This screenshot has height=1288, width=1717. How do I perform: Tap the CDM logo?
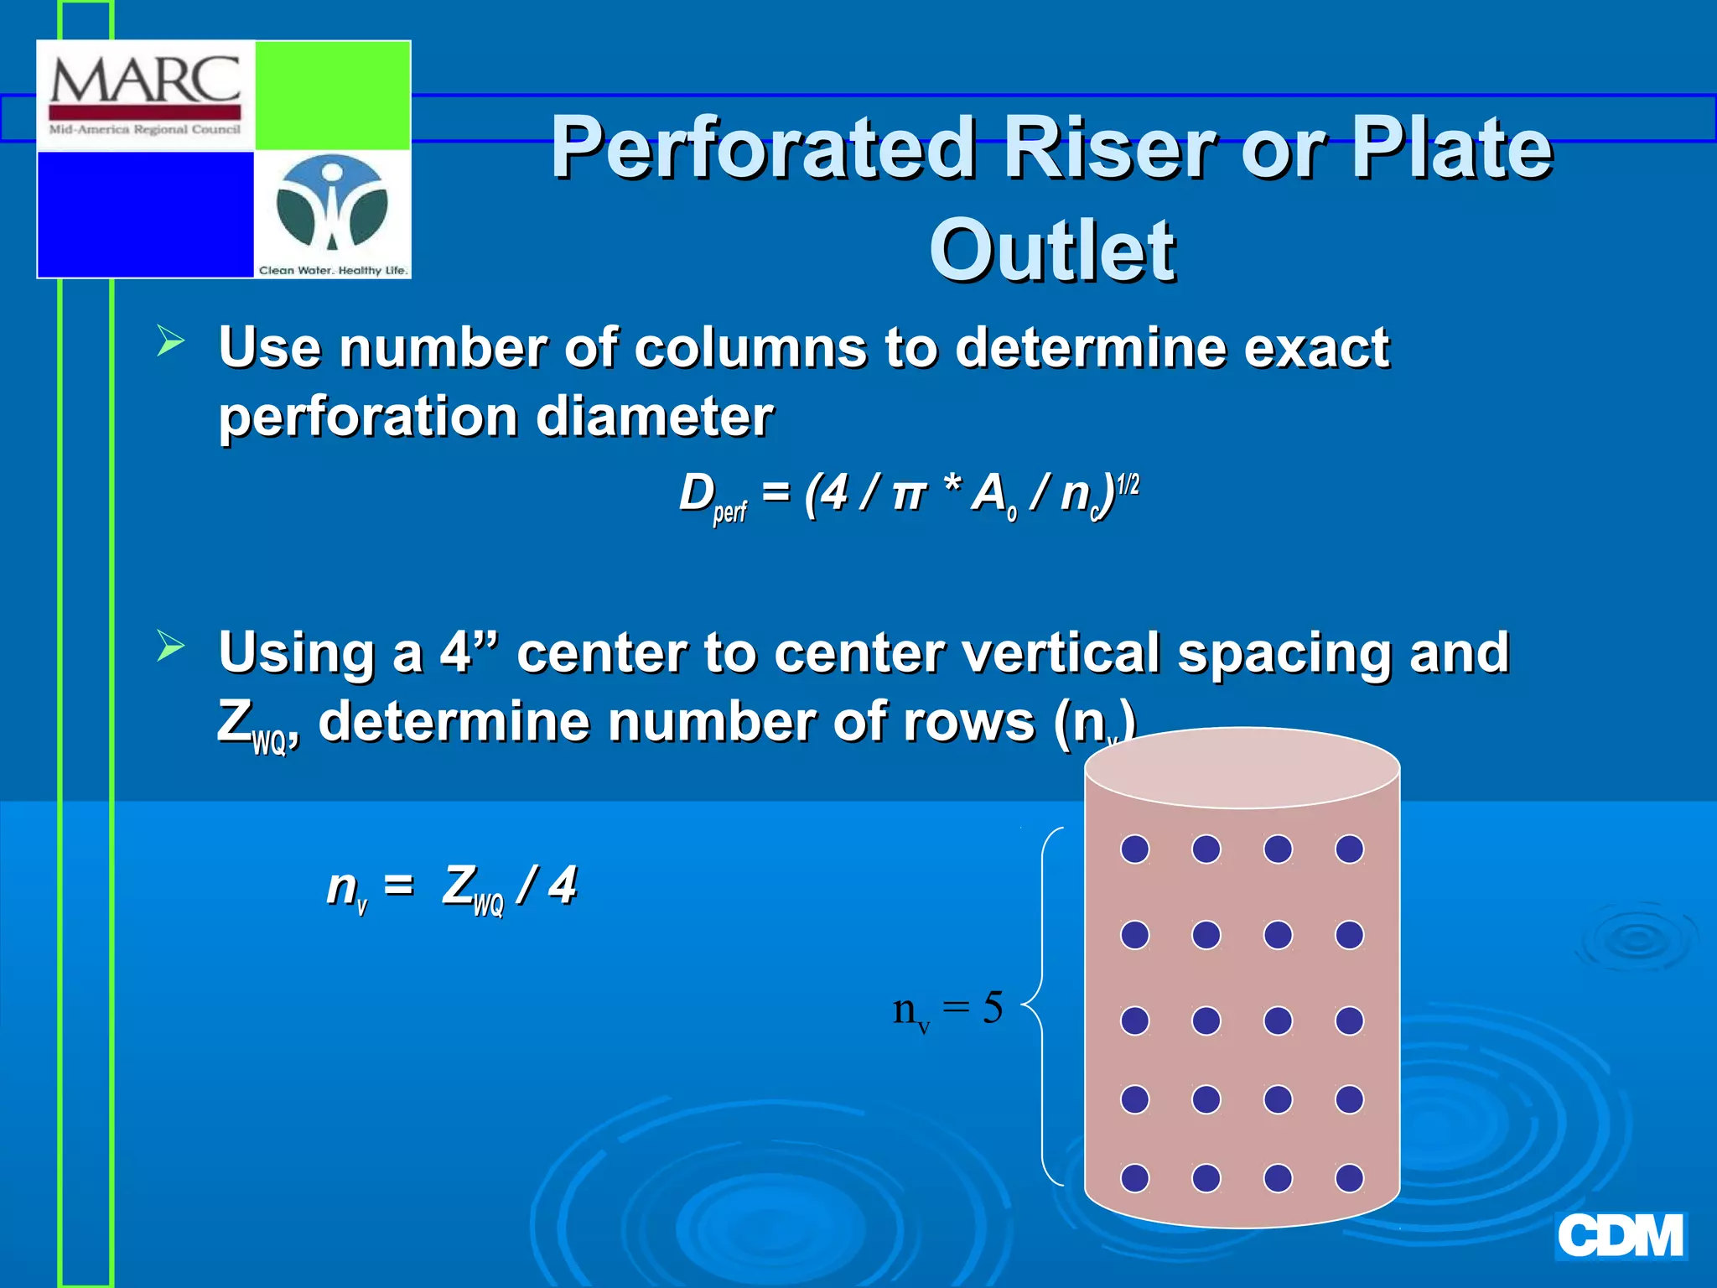(x=1620, y=1236)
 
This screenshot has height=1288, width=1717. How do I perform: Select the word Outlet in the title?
(x=1052, y=251)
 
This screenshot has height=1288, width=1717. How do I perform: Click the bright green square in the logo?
(x=332, y=95)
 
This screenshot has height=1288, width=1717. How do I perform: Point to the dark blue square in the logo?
(x=146, y=214)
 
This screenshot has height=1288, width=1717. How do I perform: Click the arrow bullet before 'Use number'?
(x=170, y=341)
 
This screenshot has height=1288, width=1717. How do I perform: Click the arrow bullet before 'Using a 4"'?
(x=170, y=647)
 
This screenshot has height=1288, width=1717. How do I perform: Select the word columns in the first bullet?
(x=750, y=348)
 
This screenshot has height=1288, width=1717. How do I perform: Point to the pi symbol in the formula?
(x=908, y=495)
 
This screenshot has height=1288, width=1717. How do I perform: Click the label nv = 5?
(x=947, y=1009)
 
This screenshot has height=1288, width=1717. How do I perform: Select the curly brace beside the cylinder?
(x=1045, y=1006)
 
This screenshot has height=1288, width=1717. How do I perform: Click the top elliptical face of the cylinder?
(x=1242, y=767)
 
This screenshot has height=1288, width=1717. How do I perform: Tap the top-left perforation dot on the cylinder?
(x=1134, y=849)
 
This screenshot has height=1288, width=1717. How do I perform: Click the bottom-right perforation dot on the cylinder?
(x=1349, y=1177)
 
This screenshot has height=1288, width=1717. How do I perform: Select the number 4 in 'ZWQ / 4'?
(x=563, y=885)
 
